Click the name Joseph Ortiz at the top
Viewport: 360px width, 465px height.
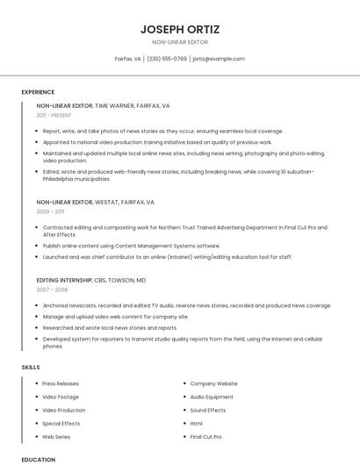tap(180, 29)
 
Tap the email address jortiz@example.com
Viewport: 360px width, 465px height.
tap(219, 59)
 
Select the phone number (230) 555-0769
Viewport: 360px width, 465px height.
tap(167, 59)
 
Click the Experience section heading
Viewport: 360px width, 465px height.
tap(38, 92)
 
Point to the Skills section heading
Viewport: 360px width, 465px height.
tap(31, 367)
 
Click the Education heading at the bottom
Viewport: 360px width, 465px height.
tap(38, 459)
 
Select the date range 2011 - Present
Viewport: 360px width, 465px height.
tap(54, 115)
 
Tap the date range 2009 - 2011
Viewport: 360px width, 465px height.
tap(50, 211)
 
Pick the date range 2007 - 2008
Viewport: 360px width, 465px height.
tap(52, 289)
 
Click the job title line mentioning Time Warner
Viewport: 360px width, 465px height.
tap(104, 105)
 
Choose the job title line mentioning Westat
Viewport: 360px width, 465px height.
tap(96, 202)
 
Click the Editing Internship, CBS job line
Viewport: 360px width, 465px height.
tap(91, 280)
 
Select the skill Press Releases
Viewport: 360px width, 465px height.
tap(61, 383)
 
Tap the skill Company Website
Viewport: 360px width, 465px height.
tap(213, 383)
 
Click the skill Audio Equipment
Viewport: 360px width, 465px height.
tap(212, 397)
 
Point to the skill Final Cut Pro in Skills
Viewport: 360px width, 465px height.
tap(205, 436)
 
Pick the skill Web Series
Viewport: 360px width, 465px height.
tap(56, 436)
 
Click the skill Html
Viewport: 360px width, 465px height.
tap(197, 423)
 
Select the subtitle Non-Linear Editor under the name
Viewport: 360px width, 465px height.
tap(180, 42)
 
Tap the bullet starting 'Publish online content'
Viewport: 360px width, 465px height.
tap(132, 246)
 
